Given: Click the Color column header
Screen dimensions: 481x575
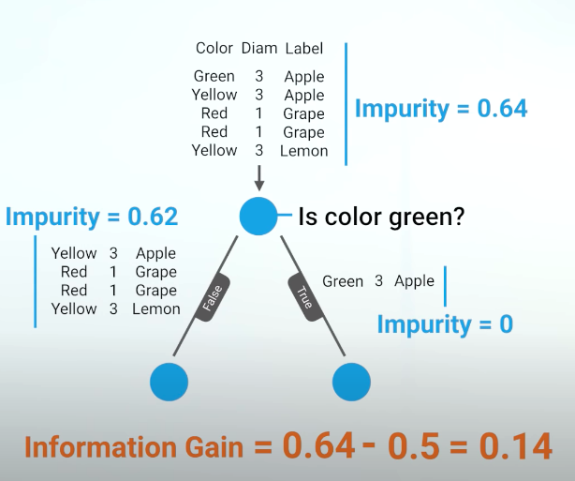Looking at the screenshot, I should pos(214,48).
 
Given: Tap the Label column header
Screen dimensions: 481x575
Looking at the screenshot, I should pos(303,48).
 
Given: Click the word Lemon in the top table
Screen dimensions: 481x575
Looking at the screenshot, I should pos(304,150).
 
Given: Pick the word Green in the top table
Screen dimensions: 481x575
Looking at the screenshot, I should pos(214,76).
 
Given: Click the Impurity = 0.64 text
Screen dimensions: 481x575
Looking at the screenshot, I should pos(441,108).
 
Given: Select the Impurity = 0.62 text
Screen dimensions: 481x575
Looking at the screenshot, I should pos(92,217).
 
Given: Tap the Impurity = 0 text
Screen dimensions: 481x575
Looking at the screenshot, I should pos(445,324).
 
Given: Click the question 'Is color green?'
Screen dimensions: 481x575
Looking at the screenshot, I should pos(382,218).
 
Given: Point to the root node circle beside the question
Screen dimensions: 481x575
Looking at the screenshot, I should pos(259,217).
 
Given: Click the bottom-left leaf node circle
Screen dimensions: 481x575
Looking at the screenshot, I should pos(169,381).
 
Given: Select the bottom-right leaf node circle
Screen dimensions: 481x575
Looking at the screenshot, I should pos(351,381).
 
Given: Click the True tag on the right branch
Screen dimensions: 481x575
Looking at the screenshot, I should pos(305,297).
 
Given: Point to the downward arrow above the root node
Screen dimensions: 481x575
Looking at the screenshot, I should pos(259,177).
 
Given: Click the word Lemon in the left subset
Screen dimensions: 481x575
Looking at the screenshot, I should pos(156,308).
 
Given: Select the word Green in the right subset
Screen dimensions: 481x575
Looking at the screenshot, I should pos(343,281).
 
